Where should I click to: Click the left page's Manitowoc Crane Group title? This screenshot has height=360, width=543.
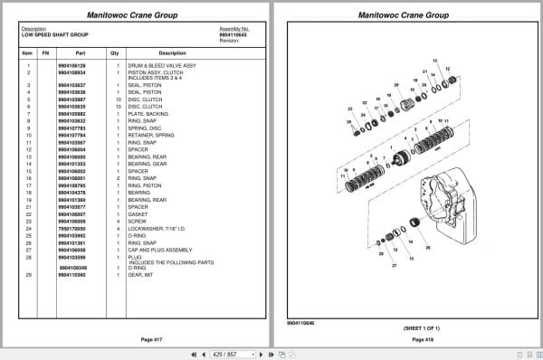click(x=135, y=14)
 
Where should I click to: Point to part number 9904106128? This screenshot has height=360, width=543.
click(x=71, y=66)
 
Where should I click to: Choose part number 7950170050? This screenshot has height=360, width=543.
click(x=71, y=229)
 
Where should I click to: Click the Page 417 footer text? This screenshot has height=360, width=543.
click(x=135, y=338)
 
